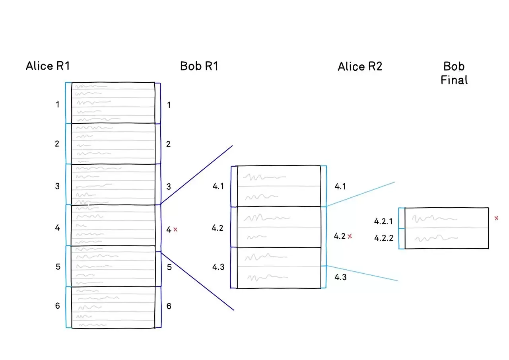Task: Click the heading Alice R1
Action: click(48, 66)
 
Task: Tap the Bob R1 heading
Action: click(199, 66)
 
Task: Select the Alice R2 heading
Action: click(360, 66)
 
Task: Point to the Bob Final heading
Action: click(454, 73)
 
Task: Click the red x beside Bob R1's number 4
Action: click(176, 230)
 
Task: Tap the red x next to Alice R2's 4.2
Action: click(350, 236)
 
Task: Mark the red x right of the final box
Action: click(496, 218)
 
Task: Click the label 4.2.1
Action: click(383, 221)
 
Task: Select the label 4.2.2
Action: click(383, 238)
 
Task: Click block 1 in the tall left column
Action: click(113, 103)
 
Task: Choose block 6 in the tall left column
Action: click(113, 307)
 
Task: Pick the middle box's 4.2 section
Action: click(279, 227)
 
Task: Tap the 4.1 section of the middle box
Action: click(279, 186)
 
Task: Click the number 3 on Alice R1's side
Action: click(58, 186)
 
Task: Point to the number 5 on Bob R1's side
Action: click(169, 267)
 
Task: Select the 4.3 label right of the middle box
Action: click(340, 277)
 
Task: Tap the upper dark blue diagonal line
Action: click(197, 175)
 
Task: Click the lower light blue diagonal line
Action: click(362, 273)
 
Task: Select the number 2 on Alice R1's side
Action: click(57, 144)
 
